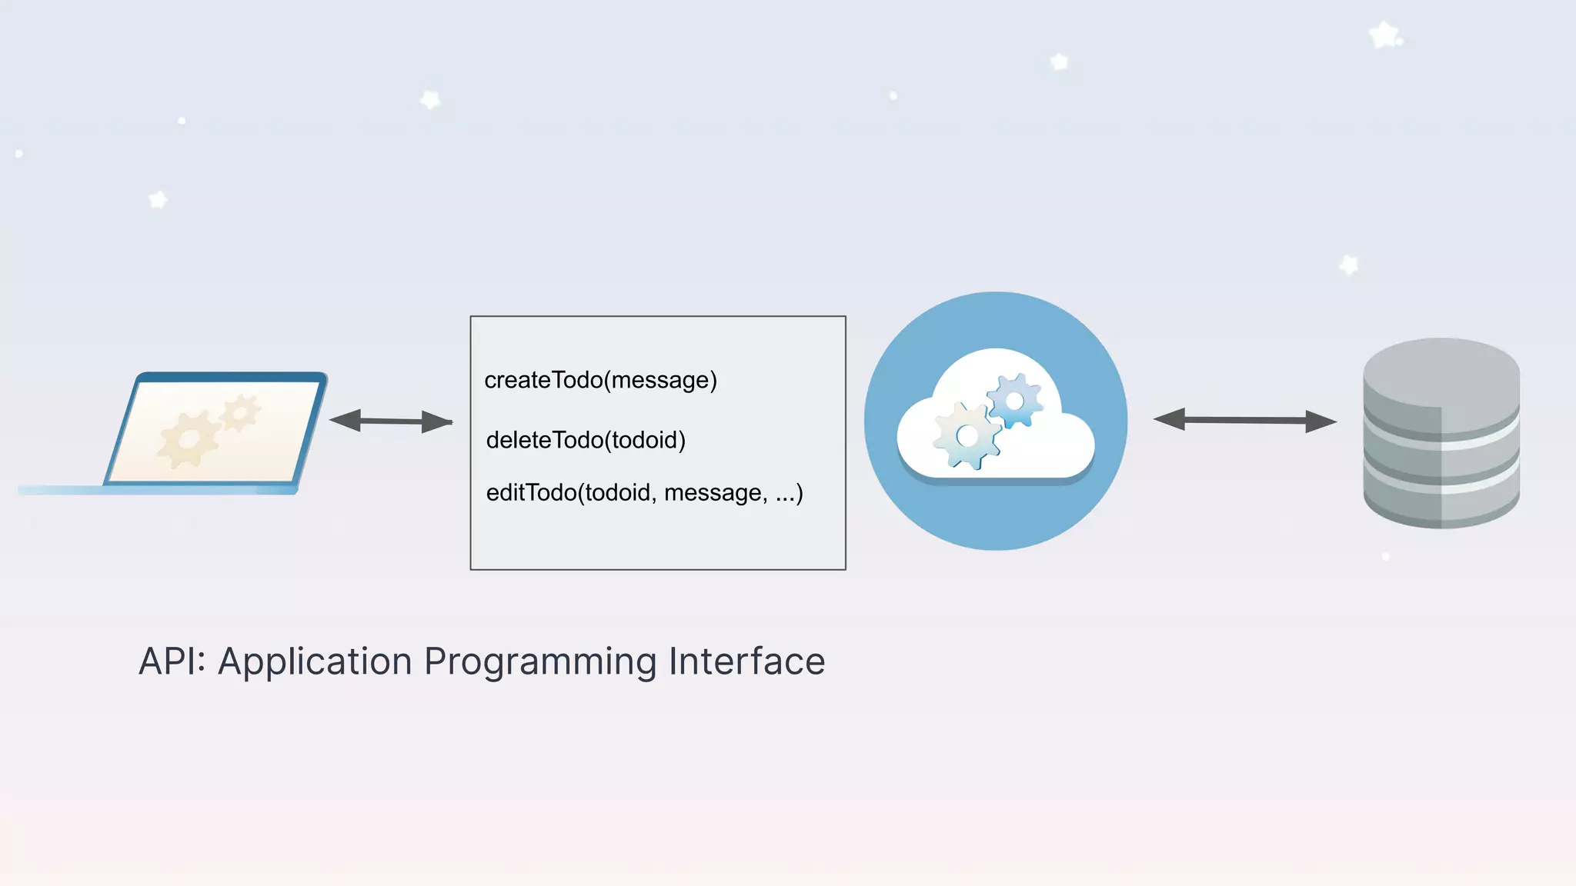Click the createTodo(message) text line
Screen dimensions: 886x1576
click(x=600, y=380)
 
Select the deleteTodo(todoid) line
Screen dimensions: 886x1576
click(x=586, y=440)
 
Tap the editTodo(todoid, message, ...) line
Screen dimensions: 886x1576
click(x=644, y=492)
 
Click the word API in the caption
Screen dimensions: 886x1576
click(x=168, y=661)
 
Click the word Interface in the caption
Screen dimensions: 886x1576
click(x=746, y=661)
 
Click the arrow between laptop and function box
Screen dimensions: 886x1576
click(x=391, y=421)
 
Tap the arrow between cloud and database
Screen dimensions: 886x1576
click(x=1244, y=420)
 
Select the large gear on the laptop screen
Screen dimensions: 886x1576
click(x=189, y=439)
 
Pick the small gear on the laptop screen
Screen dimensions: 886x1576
click(x=241, y=414)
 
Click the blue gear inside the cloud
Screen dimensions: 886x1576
click(x=1014, y=401)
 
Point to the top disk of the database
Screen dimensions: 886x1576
click(x=1441, y=369)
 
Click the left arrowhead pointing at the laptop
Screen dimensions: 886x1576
click(x=345, y=420)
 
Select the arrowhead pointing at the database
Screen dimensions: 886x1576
click(x=1321, y=421)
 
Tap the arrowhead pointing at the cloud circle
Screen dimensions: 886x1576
click(x=1169, y=419)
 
